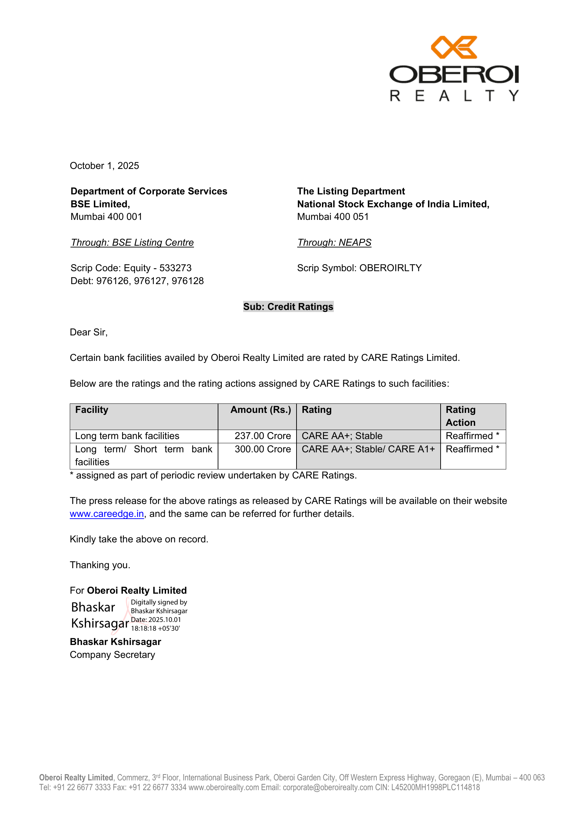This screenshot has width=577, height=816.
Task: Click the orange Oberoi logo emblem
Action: (x=454, y=47)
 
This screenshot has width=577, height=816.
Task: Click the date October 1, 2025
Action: (x=104, y=166)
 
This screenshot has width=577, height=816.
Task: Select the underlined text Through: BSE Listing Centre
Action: (x=132, y=242)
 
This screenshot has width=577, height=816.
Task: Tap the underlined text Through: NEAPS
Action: (x=334, y=242)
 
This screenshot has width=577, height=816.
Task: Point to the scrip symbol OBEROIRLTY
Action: (x=390, y=268)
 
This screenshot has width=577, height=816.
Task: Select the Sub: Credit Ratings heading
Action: (x=288, y=307)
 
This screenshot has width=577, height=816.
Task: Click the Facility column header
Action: (x=92, y=410)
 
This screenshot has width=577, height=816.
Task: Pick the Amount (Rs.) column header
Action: (x=261, y=410)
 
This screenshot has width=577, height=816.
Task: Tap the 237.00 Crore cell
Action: (x=263, y=436)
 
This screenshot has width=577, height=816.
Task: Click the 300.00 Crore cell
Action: (x=263, y=449)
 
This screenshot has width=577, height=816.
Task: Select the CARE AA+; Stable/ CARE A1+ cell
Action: (x=368, y=449)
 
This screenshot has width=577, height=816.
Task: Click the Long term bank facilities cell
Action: (x=127, y=436)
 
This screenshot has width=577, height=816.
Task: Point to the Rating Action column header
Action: (x=461, y=416)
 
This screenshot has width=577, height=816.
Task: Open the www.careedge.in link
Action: (x=107, y=514)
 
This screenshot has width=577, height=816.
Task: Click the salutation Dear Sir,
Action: (x=89, y=332)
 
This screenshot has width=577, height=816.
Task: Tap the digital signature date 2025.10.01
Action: (x=165, y=620)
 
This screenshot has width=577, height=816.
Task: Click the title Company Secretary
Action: (x=112, y=655)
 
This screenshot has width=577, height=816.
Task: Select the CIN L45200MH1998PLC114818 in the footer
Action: (x=435, y=788)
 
